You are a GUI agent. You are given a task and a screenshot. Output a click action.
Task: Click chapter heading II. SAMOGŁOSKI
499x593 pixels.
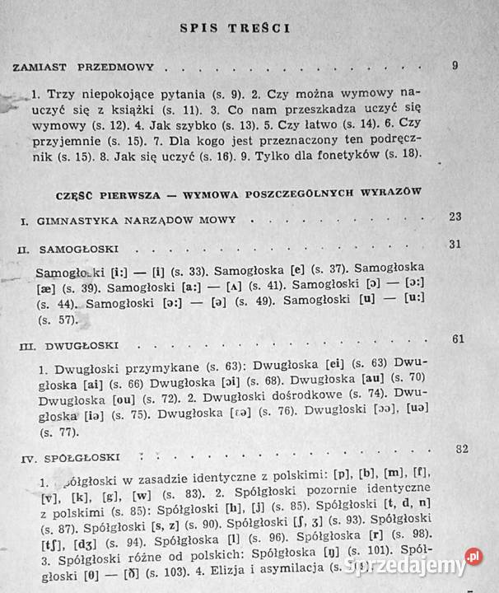click(68, 248)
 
